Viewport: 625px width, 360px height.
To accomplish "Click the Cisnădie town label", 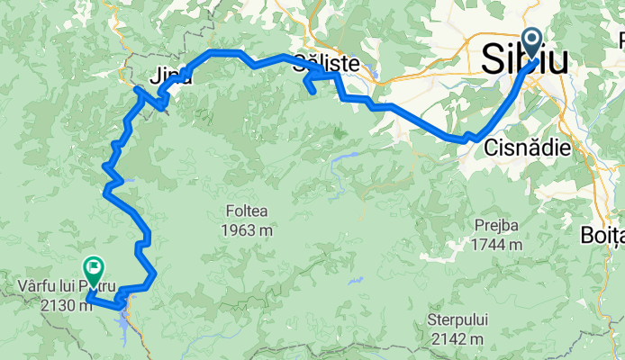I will [x=527, y=148].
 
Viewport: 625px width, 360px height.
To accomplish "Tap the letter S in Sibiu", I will [x=494, y=60].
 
